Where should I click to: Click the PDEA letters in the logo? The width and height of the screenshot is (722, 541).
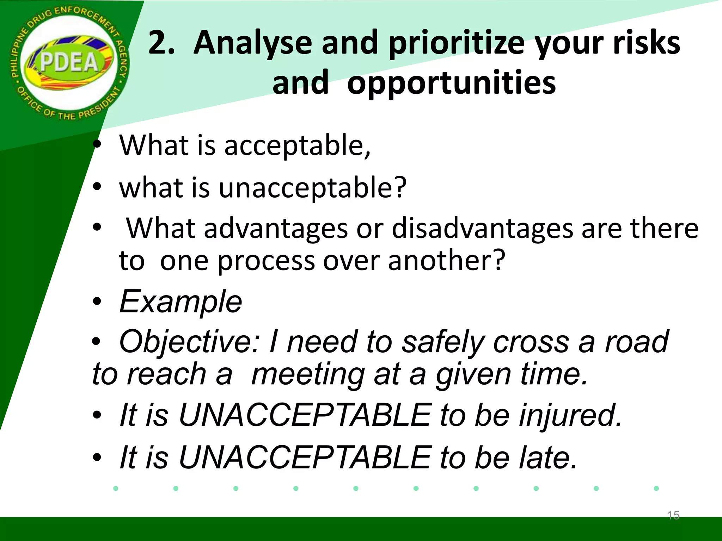click(x=69, y=63)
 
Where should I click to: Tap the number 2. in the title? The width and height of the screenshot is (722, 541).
click(x=161, y=43)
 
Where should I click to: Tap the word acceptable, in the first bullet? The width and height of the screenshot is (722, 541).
click(x=297, y=146)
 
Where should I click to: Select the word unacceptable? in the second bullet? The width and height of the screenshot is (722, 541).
click(x=312, y=188)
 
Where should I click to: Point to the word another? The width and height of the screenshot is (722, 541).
click(x=447, y=261)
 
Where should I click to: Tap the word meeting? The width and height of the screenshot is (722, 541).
click(x=308, y=374)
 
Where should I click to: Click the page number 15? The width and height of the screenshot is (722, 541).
click(x=673, y=515)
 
